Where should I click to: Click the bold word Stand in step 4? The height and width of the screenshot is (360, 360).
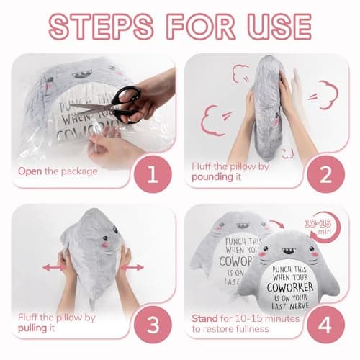206,317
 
